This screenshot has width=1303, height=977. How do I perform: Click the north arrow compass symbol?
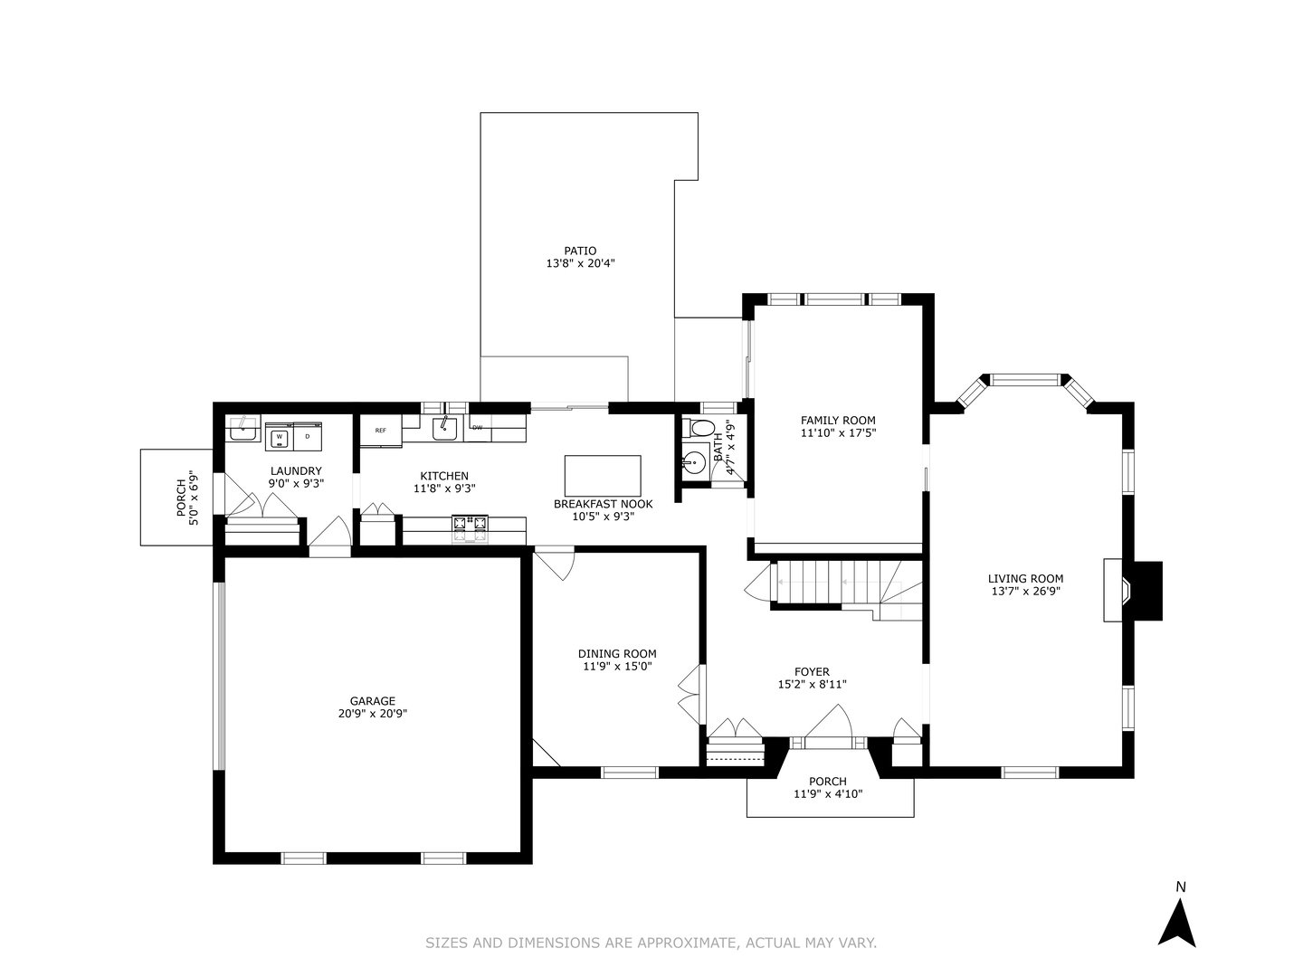pyautogui.click(x=1177, y=924)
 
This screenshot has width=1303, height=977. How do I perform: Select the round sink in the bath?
pyautogui.click(x=694, y=462)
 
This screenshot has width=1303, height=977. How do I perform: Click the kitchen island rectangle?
pyautogui.click(x=603, y=476)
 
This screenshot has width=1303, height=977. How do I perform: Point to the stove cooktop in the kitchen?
pyautogui.click(x=470, y=527)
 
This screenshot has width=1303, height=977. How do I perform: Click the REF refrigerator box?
pyautogui.click(x=381, y=431)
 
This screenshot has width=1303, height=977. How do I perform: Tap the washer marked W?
pyautogui.click(x=279, y=437)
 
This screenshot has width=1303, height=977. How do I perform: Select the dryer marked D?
pyautogui.click(x=308, y=437)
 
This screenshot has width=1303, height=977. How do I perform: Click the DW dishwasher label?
pyautogui.click(x=477, y=428)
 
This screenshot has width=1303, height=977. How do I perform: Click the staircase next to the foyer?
pyautogui.click(x=828, y=583)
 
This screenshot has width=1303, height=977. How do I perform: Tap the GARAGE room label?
pyautogui.click(x=373, y=700)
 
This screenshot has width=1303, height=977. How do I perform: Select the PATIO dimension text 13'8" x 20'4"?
pyautogui.click(x=580, y=264)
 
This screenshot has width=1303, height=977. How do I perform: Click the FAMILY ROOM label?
pyautogui.click(x=838, y=420)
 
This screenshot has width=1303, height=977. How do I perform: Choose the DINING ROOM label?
pyautogui.click(x=617, y=653)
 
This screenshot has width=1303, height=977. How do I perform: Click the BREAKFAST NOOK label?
pyautogui.click(x=603, y=504)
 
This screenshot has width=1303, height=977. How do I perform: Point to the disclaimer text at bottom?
pyautogui.click(x=651, y=943)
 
